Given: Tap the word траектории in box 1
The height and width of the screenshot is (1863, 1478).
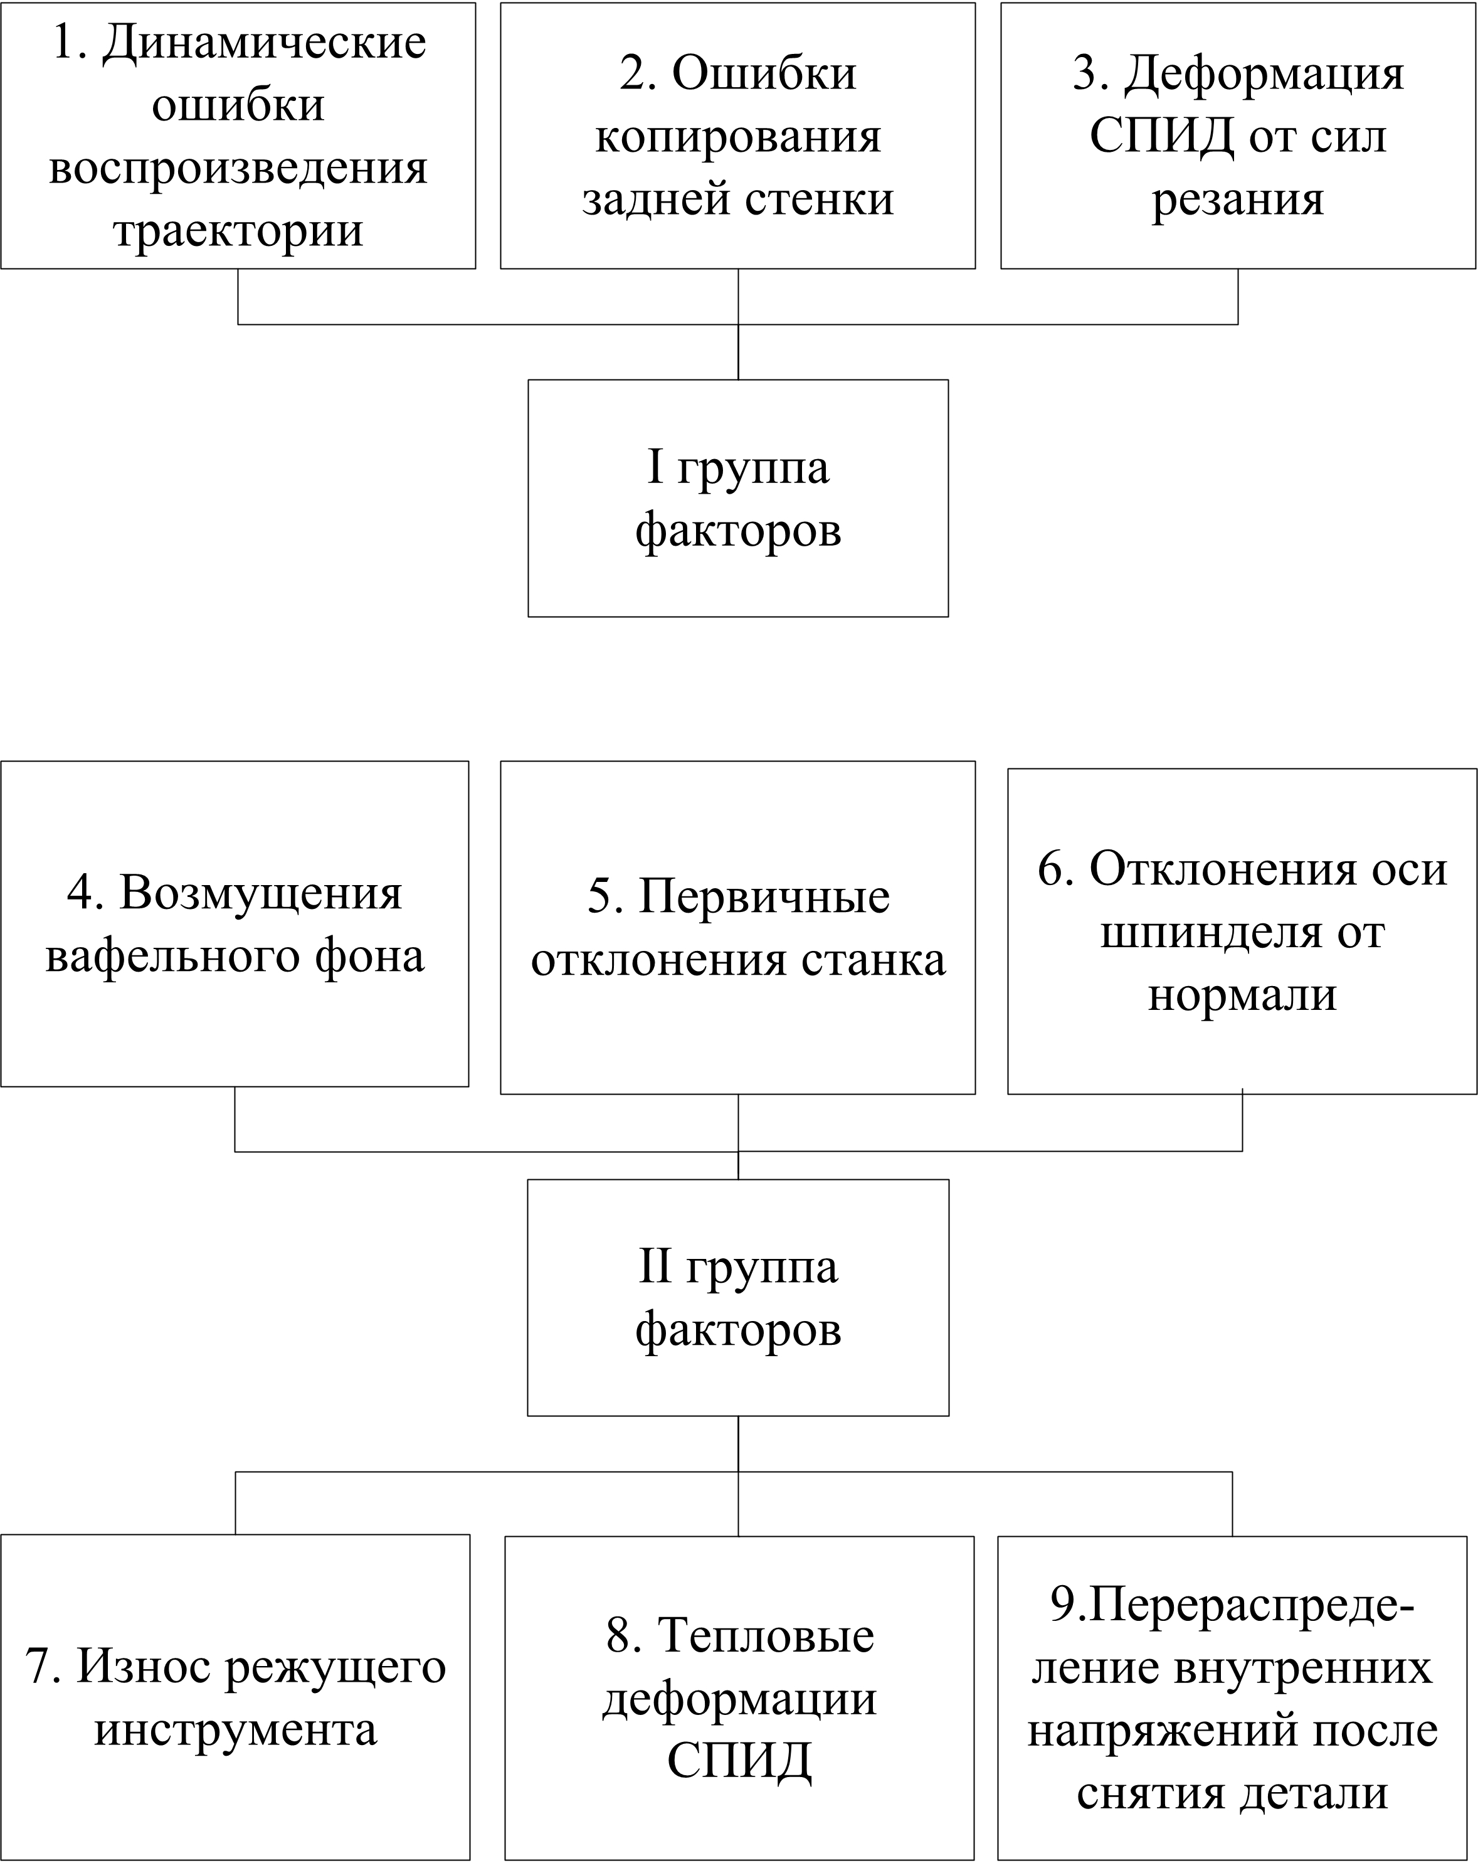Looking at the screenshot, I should [238, 231].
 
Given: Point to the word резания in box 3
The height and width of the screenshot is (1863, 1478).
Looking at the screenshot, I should [1237, 199].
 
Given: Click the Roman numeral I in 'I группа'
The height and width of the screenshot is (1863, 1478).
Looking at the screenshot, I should [656, 467].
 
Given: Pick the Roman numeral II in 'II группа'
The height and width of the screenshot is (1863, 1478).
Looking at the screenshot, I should [655, 1266].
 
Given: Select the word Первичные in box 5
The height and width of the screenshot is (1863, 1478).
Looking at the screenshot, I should [764, 897].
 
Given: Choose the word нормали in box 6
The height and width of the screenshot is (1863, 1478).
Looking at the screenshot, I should [1242, 995].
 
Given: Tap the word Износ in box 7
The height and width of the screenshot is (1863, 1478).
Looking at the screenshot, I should [144, 1666].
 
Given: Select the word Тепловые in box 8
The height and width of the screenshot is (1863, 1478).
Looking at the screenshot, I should [766, 1636].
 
